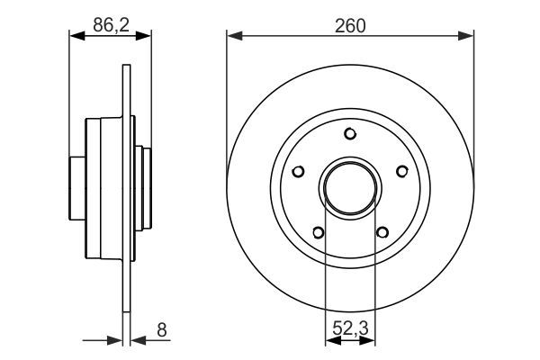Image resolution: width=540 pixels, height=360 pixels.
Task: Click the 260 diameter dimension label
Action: click(350, 26)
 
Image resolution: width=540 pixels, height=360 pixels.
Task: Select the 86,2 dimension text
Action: click(110, 26)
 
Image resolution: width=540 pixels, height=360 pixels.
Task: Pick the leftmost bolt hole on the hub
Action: click(298, 171)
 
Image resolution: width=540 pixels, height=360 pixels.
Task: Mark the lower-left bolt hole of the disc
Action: click(318, 232)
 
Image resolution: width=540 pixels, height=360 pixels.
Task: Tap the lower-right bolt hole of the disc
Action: click(382, 232)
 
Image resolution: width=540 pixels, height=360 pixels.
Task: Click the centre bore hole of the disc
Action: click(350, 188)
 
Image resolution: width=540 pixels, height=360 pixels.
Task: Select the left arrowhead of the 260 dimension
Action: click(232, 37)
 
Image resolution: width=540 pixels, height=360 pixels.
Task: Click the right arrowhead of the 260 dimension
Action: click(468, 37)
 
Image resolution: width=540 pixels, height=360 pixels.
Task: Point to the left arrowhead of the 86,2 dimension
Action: click(76, 37)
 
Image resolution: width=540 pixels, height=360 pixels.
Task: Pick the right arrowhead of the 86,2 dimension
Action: click(146, 37)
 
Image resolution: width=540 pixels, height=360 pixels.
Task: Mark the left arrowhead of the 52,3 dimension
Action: click(329, 340)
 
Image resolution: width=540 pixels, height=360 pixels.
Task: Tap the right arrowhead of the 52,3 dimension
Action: click(370, 340)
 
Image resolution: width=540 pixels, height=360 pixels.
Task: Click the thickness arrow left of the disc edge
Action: click(115, 340)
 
